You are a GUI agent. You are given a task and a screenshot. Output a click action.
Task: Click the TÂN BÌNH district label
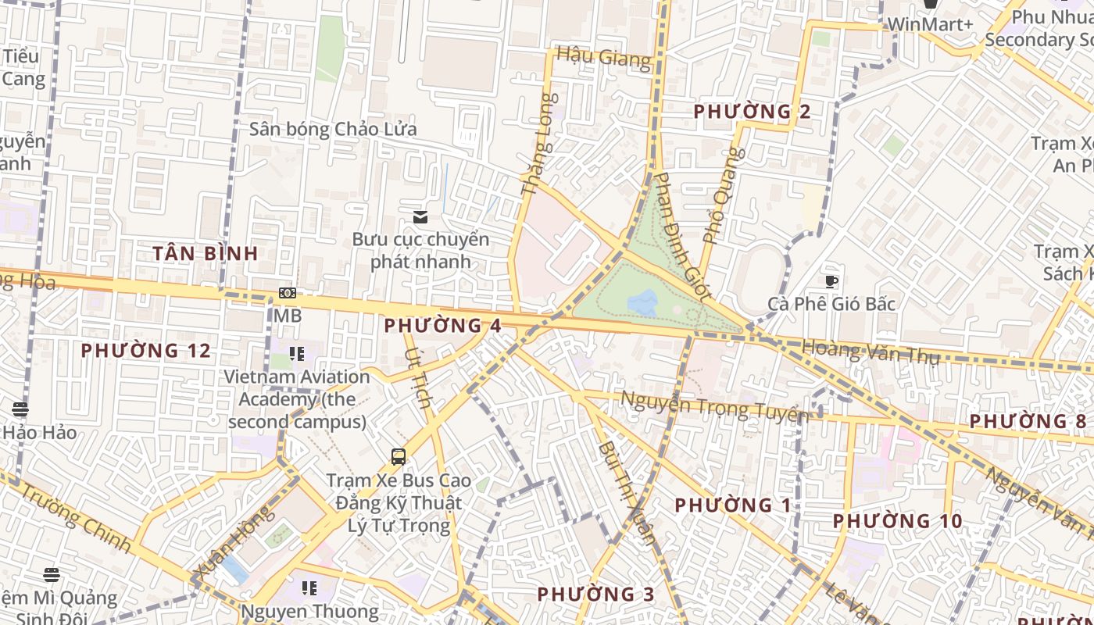[x=205, y=253]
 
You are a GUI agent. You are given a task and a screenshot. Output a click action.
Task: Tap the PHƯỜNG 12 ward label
[x=146, y=351]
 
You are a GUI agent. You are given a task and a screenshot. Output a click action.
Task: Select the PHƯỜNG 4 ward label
[x=442, y=326]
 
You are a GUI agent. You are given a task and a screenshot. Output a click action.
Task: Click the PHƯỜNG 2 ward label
[x=752, y=112]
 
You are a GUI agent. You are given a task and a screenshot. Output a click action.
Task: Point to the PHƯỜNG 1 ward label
[x=733, y=505]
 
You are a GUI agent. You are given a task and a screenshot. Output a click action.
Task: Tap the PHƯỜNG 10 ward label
[x=897, y=521]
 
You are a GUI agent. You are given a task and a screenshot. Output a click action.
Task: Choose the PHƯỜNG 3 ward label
[x=595, y=595]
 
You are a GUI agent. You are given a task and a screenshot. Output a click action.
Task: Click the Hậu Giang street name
[x=603, y=58]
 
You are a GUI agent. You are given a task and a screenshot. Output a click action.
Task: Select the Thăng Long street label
[x=540, y=145]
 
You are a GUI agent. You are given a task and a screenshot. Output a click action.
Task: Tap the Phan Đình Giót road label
[x=682, y=237]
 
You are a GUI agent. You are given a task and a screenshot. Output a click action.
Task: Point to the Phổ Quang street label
[x=720, y=195]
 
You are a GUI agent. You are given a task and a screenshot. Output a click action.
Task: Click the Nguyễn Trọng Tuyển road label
[x=713, y=406]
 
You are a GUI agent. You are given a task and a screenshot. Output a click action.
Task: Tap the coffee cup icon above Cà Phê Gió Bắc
[x=831, y=281]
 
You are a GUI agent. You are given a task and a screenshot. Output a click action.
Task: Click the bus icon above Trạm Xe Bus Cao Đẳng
[x=399, y=457]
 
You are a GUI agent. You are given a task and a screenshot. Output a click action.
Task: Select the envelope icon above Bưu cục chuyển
[x=420, y=217]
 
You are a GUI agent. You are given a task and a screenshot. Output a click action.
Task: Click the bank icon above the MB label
[x=287, y=293]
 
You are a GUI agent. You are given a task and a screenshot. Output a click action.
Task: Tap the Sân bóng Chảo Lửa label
[x=333, y=129]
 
